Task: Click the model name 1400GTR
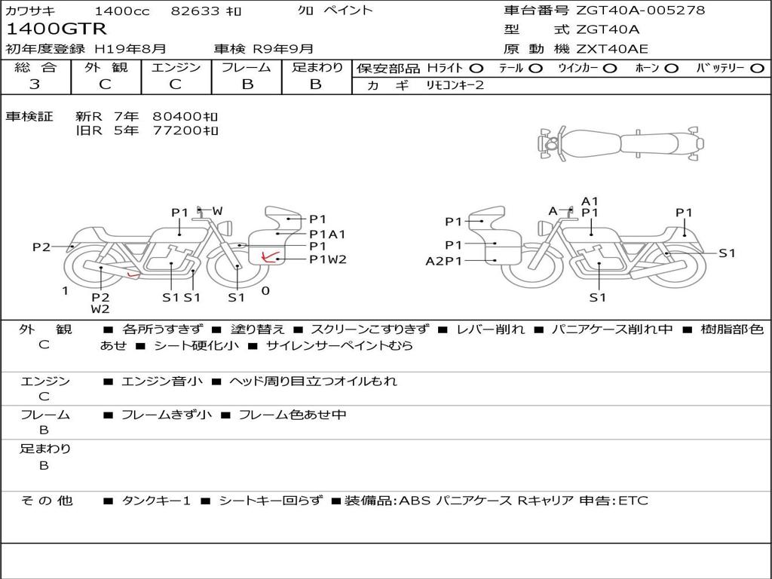click(56, 29)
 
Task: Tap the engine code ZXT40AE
click(612, 49)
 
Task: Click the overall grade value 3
click(35, 84)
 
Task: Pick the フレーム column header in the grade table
click(247, 67)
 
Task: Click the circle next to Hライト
click(476, 69)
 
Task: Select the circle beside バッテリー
click(757, 69)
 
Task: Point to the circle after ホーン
click(672, 69)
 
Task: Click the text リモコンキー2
click(455, 85)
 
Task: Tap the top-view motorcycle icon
click(620, 143)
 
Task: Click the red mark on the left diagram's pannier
click(268, 256)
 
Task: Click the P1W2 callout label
click(327, 259)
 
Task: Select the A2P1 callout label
click(443, 261)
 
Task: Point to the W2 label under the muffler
click(100, 309)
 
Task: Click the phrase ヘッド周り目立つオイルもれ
click(313, 381)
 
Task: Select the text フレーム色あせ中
click(293, 415)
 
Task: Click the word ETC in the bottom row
click(633, 501)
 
